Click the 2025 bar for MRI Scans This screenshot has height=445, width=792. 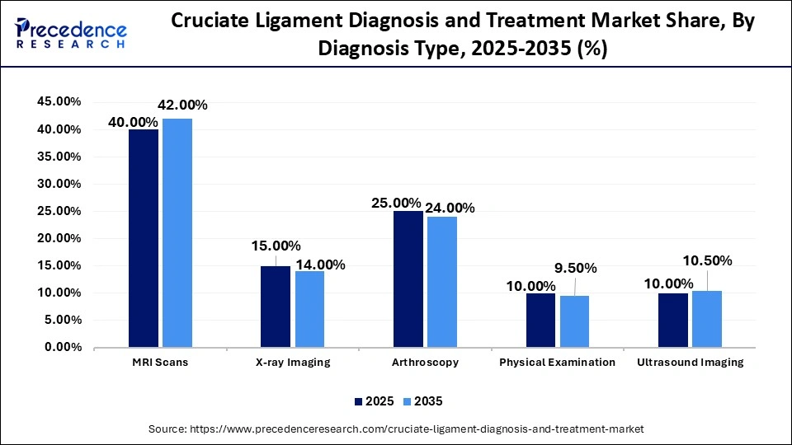pos(143,238)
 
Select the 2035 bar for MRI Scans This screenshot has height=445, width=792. pos(177,232)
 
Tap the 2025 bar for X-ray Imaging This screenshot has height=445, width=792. pos(276,306)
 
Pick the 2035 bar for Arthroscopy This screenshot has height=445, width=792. pos(441,281)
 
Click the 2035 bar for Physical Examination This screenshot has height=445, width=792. pos(574,321)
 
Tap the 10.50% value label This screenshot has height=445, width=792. pos(707,260)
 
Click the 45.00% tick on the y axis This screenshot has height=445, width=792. pos(58,101)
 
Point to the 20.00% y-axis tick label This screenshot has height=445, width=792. pos(58,238)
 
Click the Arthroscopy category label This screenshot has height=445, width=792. pos(426,362)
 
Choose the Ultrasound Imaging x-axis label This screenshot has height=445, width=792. pos(690,362)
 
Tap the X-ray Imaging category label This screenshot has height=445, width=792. pos(292,362)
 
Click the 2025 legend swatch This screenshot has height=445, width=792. pos(359,401)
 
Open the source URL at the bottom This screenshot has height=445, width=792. pos(396,429)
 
